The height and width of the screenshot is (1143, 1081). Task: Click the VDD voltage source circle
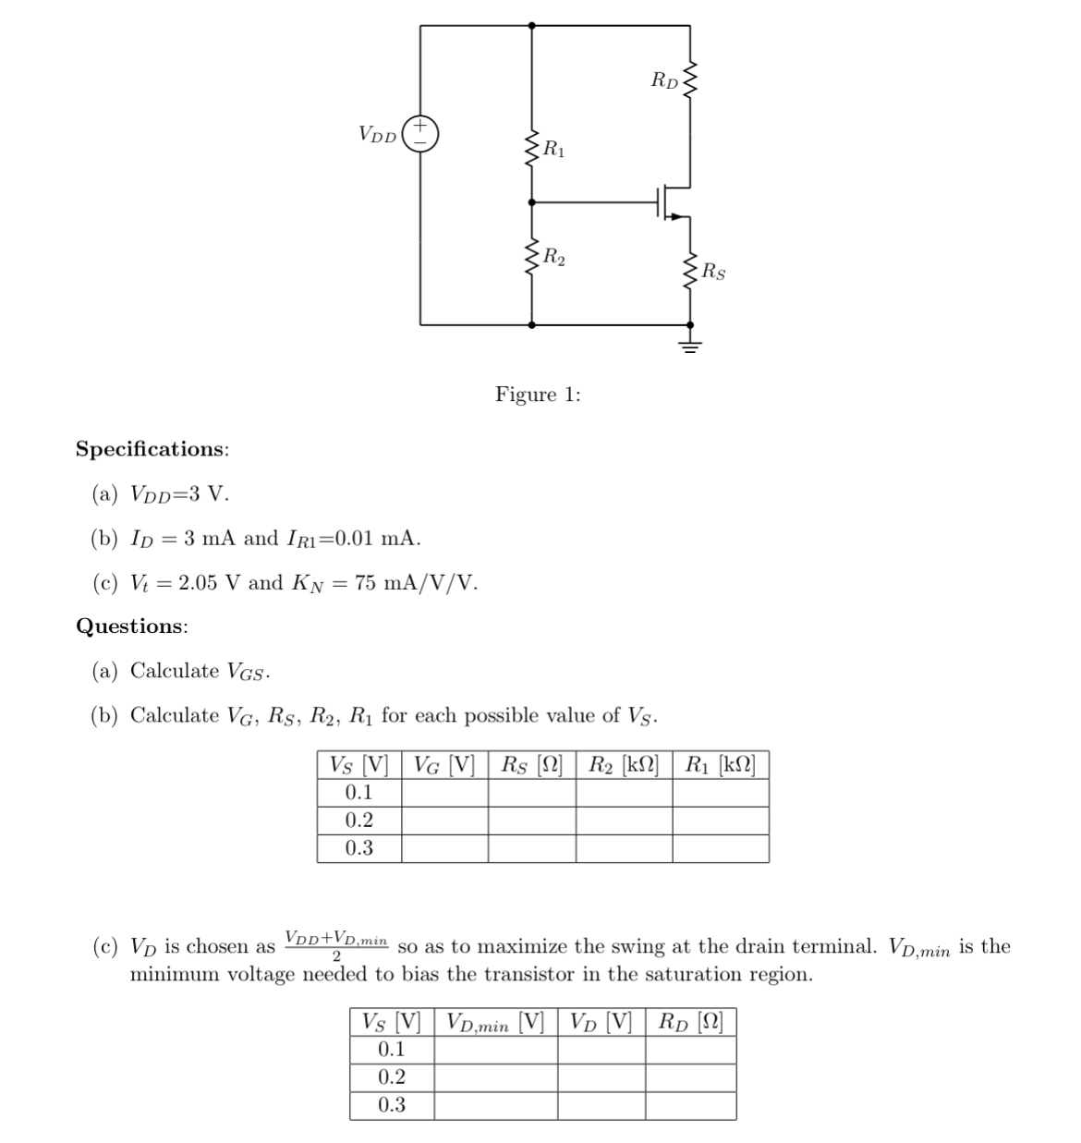[420, 132]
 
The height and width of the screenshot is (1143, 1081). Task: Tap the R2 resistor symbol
[531, 257]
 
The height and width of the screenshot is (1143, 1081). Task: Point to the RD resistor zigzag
[689, 80]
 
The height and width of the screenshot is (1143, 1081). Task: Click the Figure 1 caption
[538, 395]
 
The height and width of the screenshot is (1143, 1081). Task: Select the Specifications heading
[152, 449]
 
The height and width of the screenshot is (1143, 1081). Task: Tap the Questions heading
[132, 626]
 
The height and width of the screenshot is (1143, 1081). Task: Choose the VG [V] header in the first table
[444, 765]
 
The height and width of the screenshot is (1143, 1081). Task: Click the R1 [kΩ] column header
[720, 765]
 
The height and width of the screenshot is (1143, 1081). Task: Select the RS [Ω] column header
[531, 765]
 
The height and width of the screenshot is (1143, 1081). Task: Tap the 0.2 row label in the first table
[359, 821]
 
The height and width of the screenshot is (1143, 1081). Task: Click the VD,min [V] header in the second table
[495, 1022]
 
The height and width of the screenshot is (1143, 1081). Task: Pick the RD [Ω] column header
[690, 1022]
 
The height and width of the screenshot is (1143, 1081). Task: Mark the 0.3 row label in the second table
[392, 1105]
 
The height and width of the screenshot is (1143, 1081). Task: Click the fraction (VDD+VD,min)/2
[336, 945]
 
